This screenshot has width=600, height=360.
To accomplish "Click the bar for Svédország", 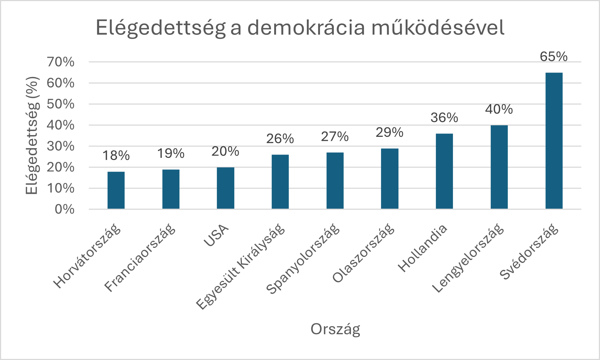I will tap(554, 141).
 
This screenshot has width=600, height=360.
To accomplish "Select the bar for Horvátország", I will tap(116, 190).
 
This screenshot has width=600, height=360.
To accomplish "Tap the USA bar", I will tap(226, 188).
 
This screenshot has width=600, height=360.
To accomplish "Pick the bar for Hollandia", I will tap(444, 171).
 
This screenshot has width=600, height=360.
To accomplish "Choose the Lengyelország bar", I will tap(499, 167).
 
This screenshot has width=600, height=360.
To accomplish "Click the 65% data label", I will tap(554, 57).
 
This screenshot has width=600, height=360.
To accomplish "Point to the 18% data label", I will tap(116, 156).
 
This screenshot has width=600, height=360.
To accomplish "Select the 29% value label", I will tap(389, 132).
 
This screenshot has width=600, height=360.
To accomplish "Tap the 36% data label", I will tap(444, 118).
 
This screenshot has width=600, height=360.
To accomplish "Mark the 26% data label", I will tap(280, 139).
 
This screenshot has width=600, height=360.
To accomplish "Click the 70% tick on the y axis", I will tap(61, 62).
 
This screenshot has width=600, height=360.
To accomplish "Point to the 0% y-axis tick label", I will tap(65, 209).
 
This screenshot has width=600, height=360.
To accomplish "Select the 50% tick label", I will tap(61, 104).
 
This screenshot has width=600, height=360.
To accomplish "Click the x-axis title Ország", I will tap(335, 330).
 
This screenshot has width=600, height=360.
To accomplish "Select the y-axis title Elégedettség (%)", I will tap(32, 135).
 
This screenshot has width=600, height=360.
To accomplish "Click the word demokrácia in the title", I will tap(306, 28).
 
